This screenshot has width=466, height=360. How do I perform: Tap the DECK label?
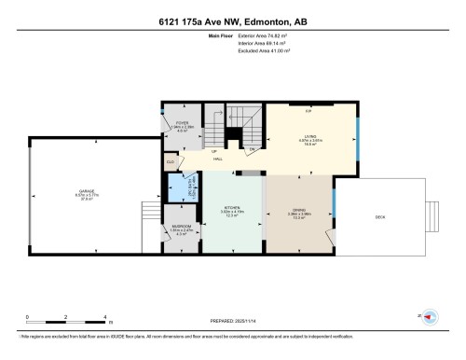tap(379, 216)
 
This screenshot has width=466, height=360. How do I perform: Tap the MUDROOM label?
tap(182, 226)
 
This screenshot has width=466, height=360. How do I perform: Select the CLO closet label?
tap(171, 161)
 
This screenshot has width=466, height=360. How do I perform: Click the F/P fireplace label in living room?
tap(308, 111)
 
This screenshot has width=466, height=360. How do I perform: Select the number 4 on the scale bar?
tap(105, 317)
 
